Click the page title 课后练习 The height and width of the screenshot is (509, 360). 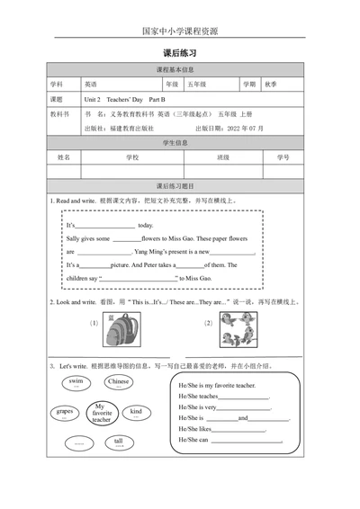180,54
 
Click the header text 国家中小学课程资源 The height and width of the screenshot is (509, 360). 180,30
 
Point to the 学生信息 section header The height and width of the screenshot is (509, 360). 180,143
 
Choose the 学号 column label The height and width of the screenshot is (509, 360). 283,156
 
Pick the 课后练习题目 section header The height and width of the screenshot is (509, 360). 180,185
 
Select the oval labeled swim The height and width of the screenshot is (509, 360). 76,383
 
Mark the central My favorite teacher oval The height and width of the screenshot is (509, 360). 101,414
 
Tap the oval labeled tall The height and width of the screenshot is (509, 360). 118,442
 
